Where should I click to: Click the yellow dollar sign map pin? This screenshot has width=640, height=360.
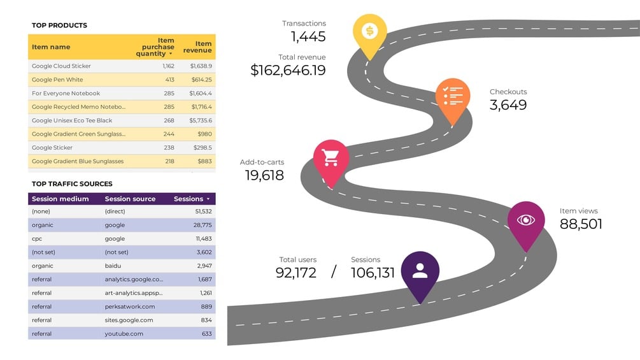[x=369, y=31]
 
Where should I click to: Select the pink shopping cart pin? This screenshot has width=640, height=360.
[x=331, y=157]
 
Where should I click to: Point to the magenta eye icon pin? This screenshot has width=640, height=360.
[x=526, y=220]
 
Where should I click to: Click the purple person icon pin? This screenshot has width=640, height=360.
[x=420, y=270]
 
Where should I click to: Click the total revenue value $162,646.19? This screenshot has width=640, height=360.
[x=288, y=70]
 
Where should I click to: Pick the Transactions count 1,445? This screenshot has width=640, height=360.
[x=308, y=37]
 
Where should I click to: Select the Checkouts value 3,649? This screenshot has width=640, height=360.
[x=508, y=105]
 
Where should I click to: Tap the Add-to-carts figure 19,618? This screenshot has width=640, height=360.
[x=264, y=175]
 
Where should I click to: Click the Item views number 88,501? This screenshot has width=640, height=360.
[x=581, y=224]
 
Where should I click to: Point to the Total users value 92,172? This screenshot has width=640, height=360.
[x=296, y=273]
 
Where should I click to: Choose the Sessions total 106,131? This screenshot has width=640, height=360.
[x=373, y=273]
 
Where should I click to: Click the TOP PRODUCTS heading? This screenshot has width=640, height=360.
[x=59, y=25]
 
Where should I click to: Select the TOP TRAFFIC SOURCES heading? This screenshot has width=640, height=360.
[x=72, y=184]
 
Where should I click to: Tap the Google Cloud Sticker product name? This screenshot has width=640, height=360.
[x=61, y=66]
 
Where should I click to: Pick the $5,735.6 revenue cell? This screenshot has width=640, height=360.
[x=201, y=120]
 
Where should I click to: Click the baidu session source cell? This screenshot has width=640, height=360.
[x=113, y=266]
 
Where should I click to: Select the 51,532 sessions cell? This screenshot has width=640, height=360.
[x=204, y=211]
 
